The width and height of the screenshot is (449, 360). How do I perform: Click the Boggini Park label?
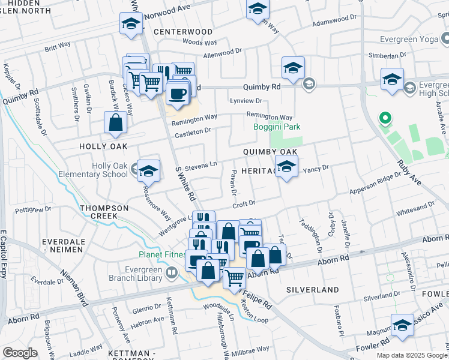(x=276, y=127)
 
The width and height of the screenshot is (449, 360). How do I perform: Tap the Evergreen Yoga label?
(x=414, y=40)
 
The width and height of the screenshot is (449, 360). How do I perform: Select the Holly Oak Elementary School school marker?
(x=148, y=172)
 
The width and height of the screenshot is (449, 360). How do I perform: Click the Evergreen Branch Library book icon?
(x=172, y=274)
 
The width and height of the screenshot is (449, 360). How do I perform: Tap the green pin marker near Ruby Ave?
(x=385, y=120)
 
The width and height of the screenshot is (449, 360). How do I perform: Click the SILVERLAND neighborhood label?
(x=312, y=289)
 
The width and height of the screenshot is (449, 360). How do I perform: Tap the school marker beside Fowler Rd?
(x=402, y=325)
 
